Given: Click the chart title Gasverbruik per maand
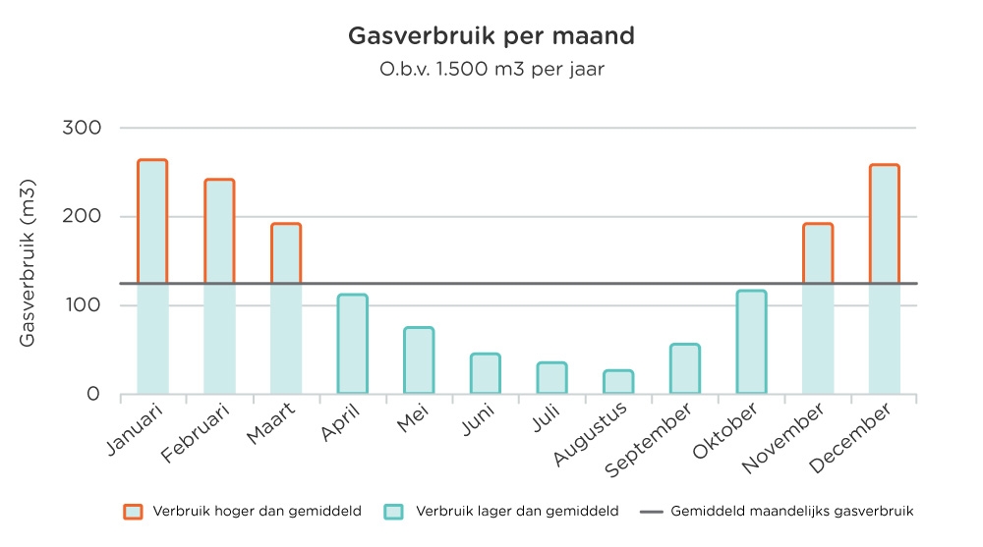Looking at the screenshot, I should point(491,37).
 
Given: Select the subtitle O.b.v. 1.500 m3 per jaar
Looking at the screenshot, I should point(491,70).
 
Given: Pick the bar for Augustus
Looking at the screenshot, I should point(618,382).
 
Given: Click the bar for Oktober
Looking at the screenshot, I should point(751,343).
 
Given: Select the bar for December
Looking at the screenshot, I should point(885,279).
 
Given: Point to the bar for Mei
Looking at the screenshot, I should point(419,360).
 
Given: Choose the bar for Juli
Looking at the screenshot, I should point(551,378).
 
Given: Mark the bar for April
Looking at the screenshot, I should point(352,344).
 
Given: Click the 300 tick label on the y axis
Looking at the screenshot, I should point(83,128).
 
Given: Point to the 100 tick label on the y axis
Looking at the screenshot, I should point(83,305).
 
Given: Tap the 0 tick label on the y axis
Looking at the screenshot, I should point(93,394).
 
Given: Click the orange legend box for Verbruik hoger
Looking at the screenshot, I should point(133,512).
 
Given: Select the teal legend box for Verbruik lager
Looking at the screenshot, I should point(394,512).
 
